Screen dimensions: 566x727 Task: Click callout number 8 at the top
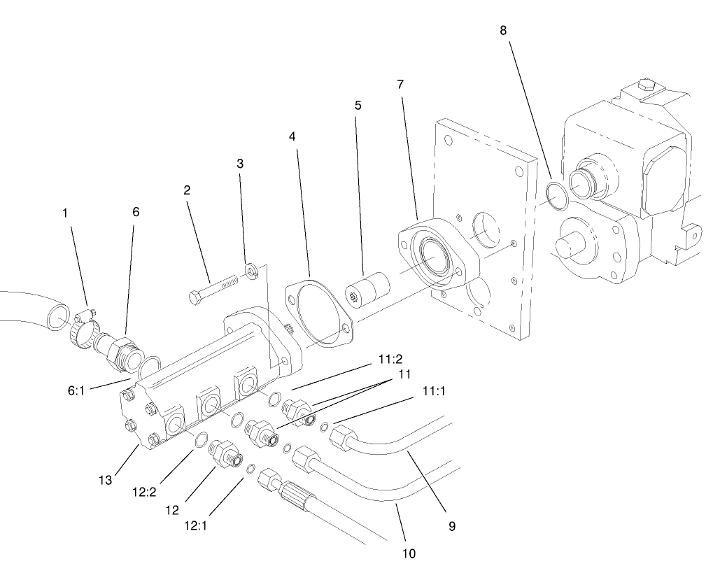tap(504, 31)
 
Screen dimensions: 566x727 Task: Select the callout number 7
tap(400, 85)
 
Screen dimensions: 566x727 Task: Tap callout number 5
tap(358, 106)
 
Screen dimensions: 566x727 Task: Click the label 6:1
tap(76, 392)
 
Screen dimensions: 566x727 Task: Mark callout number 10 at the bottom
tap(409, 553)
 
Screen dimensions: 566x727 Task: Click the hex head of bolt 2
tap(195, 297)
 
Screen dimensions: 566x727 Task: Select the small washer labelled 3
tap(250, 270)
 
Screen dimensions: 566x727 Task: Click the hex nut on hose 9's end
tap(341, 439)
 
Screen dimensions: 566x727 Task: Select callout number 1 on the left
tap(65, 212)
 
